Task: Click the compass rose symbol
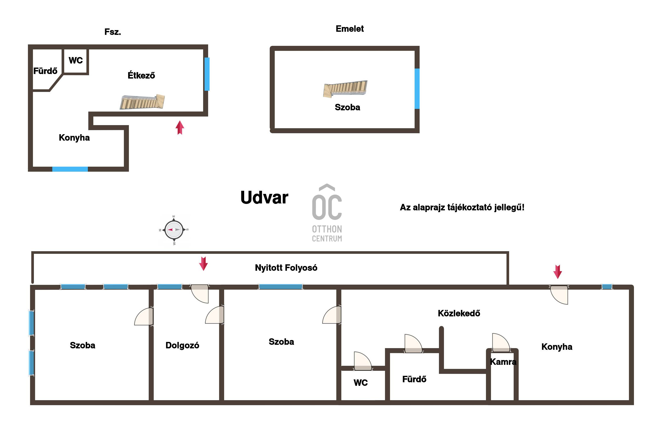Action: point(174,229)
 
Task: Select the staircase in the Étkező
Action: point(142,102)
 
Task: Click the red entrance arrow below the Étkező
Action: point(180,127)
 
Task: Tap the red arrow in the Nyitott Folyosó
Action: point(203,264)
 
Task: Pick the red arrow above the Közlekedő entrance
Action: point(558,272)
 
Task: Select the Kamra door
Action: point(501,343)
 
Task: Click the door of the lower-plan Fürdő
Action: point(413,344)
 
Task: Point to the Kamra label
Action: point(503,362)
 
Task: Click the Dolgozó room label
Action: point(182,345)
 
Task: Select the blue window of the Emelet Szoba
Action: point(417,89)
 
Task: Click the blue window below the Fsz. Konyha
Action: point(70,169)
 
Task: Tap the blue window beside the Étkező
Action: point(207,74)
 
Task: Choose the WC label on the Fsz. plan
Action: point(76,60)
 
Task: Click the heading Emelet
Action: point(349,29)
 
